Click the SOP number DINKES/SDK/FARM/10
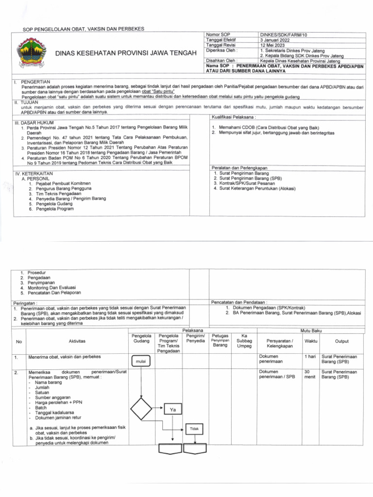pos(281,35)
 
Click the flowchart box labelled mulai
pos(140,362)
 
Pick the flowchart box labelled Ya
pos(172,410)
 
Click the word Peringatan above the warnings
pos(25,303)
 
